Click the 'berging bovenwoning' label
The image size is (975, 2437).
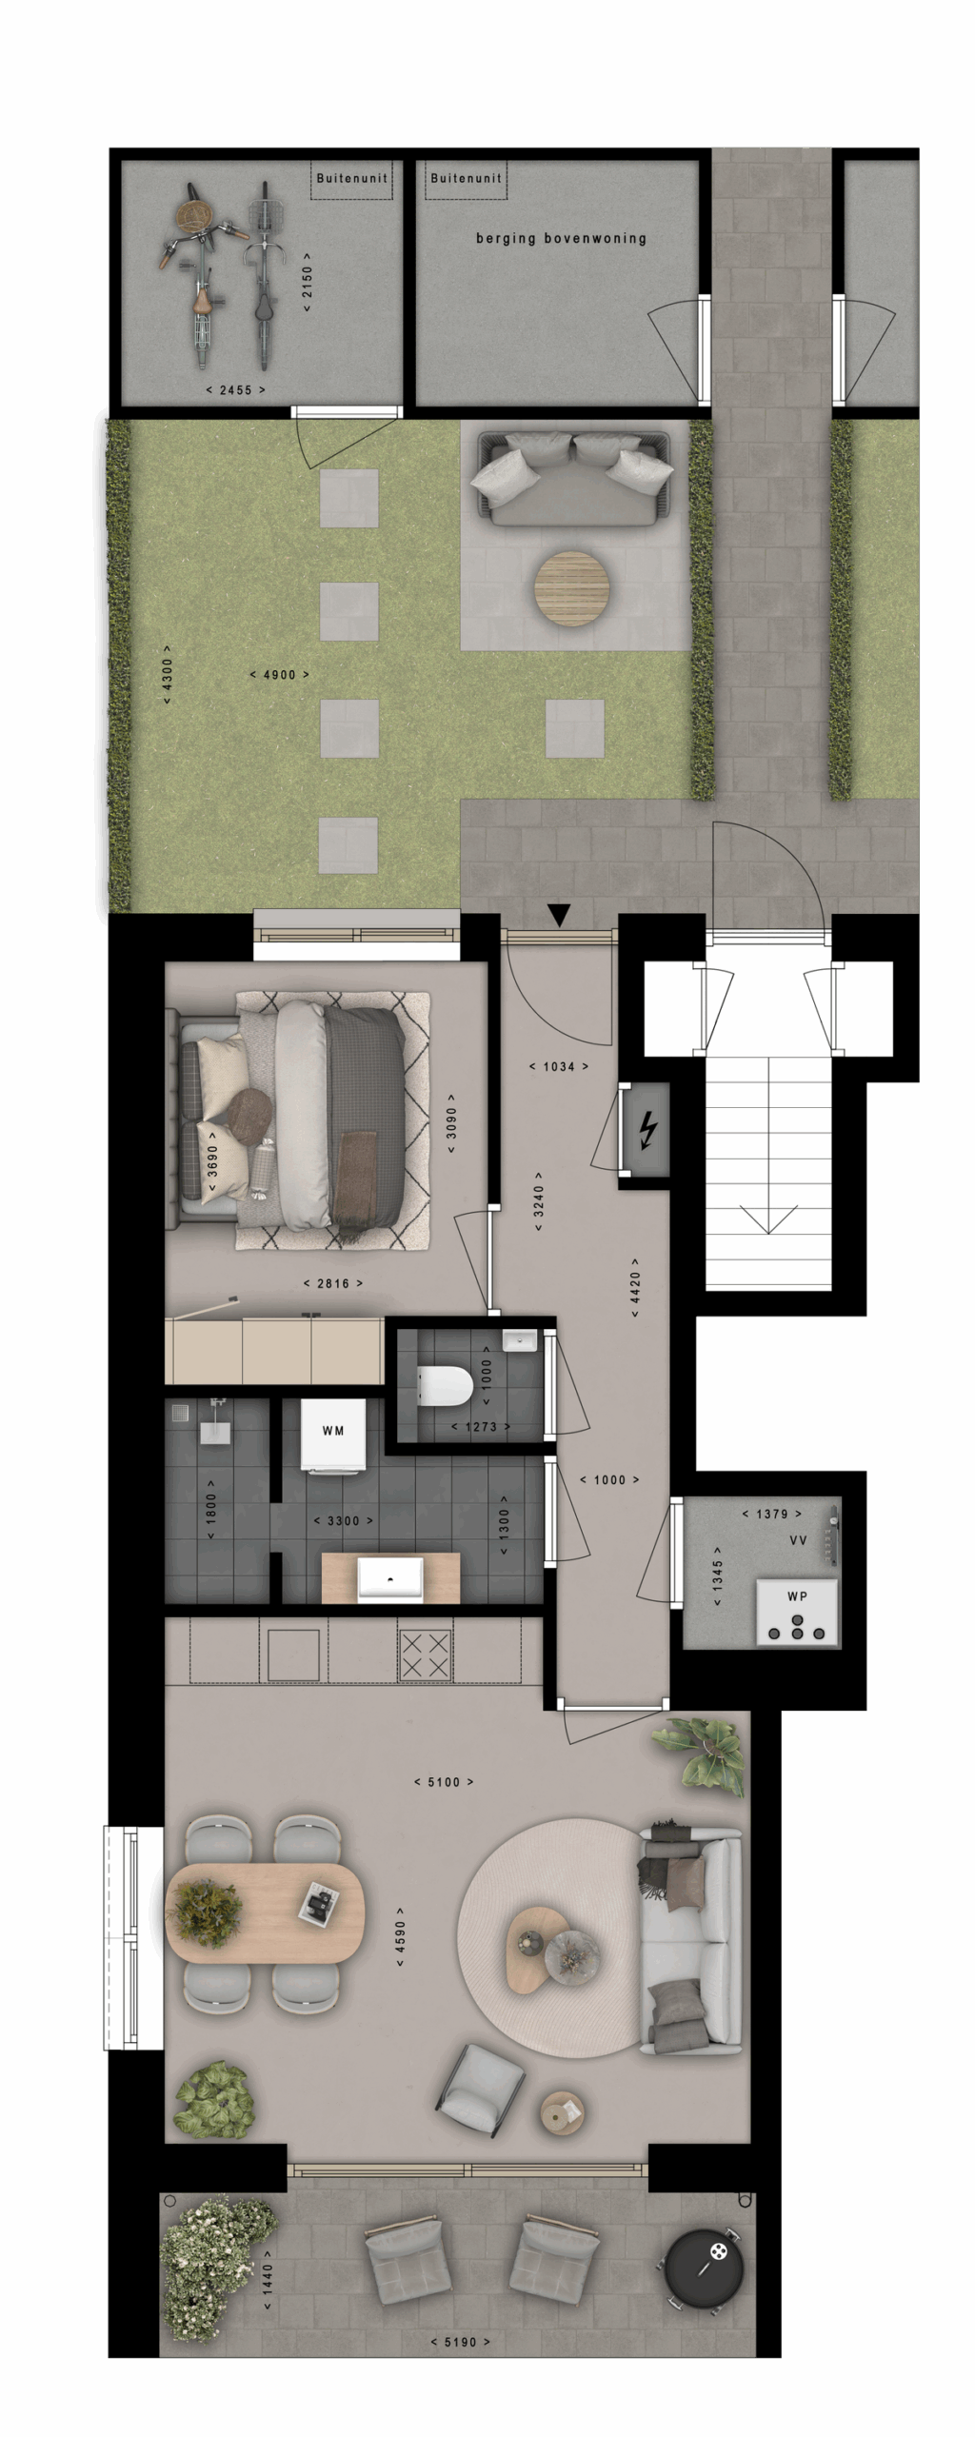[x=561, y=238]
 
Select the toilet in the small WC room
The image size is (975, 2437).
[x=445, y=1386]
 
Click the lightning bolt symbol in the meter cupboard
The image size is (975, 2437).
[x=647, y=1130]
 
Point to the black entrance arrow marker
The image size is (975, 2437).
[x=559, y=915]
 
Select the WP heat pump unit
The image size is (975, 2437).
[x=797, y=1613]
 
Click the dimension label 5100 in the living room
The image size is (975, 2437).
[x=444, y=1782]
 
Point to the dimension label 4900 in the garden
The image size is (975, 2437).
[x=279, y=675]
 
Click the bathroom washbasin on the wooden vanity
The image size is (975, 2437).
[x=390, y=1578]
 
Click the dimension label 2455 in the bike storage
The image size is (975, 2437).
[x=236, y=390]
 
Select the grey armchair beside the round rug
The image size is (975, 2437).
[x=481, y=2086]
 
